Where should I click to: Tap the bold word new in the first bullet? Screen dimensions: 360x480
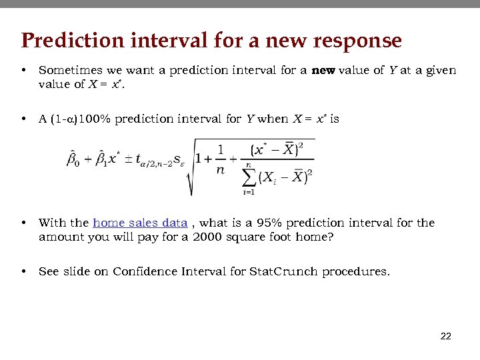324,69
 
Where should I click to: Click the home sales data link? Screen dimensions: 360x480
140,223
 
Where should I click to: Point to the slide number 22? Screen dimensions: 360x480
446,337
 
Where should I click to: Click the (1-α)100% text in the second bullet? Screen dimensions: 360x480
76,119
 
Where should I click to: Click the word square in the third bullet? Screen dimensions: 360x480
236,237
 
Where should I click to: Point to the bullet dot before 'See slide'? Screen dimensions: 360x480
23,271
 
